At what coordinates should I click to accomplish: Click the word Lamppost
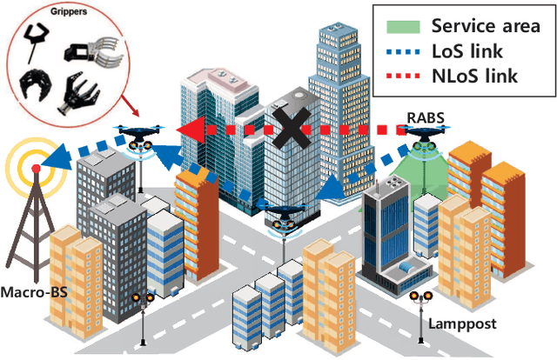[462, 323]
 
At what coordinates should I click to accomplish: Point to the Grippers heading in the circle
[59, 12]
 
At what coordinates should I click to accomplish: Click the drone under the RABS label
[426, 136]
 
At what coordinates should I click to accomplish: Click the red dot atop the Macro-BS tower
[35, 167]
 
